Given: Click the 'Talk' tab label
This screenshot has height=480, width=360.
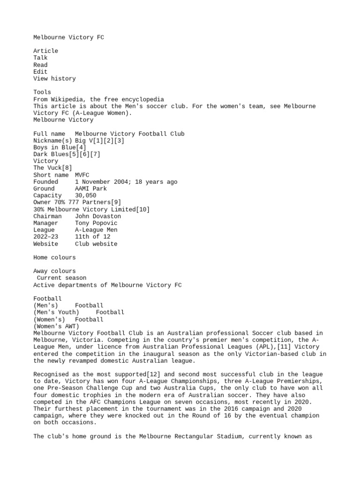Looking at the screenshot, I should (40, 58).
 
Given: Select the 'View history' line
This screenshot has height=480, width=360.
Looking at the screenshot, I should (54, 79).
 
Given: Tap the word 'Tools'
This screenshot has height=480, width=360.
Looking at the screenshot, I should (42, 92).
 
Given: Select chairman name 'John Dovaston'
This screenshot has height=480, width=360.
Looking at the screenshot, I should (98, 216).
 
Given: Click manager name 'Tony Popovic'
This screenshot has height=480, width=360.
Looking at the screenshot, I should (96, 223).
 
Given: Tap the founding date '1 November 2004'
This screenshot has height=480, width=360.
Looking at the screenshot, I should (103, 182).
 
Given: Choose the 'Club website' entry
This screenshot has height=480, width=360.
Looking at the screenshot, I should (96, 244).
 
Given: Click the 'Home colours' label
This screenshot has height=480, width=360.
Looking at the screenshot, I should (54, 258).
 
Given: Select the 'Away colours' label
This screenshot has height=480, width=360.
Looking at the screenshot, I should (54, 271).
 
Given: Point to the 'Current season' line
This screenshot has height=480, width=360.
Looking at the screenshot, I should (61, 278).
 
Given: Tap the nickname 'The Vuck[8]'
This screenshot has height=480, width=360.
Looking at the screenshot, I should (52, 168).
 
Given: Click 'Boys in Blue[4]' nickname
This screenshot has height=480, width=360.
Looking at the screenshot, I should (60, 147).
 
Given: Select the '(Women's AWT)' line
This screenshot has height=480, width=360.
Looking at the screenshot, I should (56, 327).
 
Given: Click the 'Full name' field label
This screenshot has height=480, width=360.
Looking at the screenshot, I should (49, 134).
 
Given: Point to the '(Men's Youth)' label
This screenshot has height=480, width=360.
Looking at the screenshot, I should (56, 313).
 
